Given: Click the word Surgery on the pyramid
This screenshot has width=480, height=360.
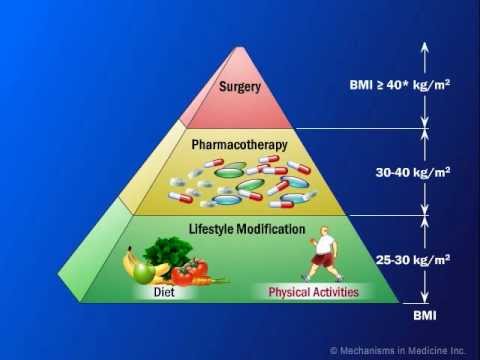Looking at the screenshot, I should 240,86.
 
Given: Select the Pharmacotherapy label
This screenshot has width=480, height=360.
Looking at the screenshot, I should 239,144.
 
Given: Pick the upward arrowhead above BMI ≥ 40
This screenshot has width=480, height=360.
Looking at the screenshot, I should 423,45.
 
